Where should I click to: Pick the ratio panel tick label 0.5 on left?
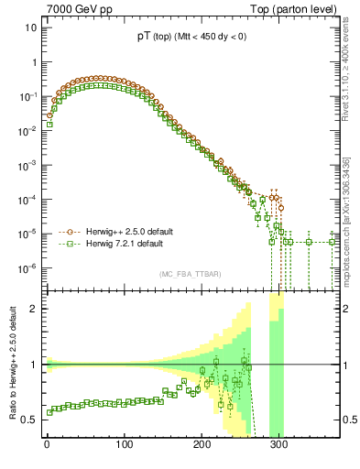27,420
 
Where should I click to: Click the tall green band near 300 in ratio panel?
275,366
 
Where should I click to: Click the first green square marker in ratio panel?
49,411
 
